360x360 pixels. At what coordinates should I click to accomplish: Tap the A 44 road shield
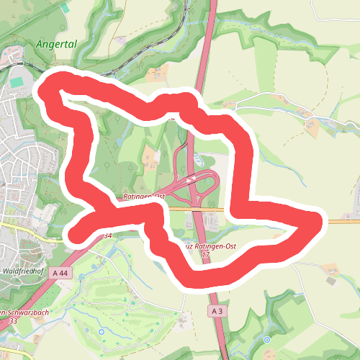tap(63, 273)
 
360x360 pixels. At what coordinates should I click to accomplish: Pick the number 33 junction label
tap(13, 320)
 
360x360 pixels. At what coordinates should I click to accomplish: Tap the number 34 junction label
tap(107, 235)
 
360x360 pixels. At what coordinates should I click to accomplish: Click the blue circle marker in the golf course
tap(102, 331)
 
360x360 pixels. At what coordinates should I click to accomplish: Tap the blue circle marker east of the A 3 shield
tap(266, 339)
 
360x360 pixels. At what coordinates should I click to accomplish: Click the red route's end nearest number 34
tap(75, 231)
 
